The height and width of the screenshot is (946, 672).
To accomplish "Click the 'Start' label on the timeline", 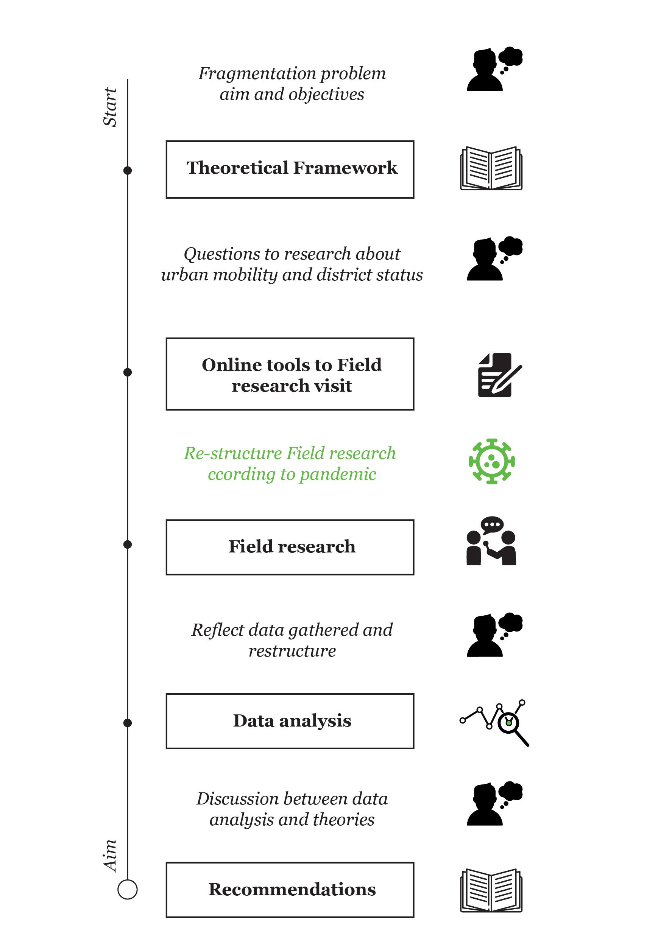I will click(x=110, y=107).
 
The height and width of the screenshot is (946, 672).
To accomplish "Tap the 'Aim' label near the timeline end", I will click(x=110, y=856).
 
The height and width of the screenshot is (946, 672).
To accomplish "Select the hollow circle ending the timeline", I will click(x=128, y=889).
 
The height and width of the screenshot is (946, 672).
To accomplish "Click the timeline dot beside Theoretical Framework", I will click(x=128, y=170).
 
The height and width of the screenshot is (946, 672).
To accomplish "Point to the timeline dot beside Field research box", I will click(x=128, y=545).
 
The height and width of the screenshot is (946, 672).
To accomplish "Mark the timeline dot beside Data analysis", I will click(x=128, y=723).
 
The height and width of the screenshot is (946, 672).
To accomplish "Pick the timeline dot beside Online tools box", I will click(x=128, y=372).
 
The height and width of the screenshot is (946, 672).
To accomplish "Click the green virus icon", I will click(x=491, y=461).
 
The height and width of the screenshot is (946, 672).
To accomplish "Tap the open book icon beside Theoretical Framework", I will click(x=491, y=168).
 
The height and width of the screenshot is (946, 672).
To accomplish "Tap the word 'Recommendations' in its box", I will click(x=292, y=889).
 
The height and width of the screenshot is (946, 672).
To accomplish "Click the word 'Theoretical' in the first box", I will click(x=237, y=168).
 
